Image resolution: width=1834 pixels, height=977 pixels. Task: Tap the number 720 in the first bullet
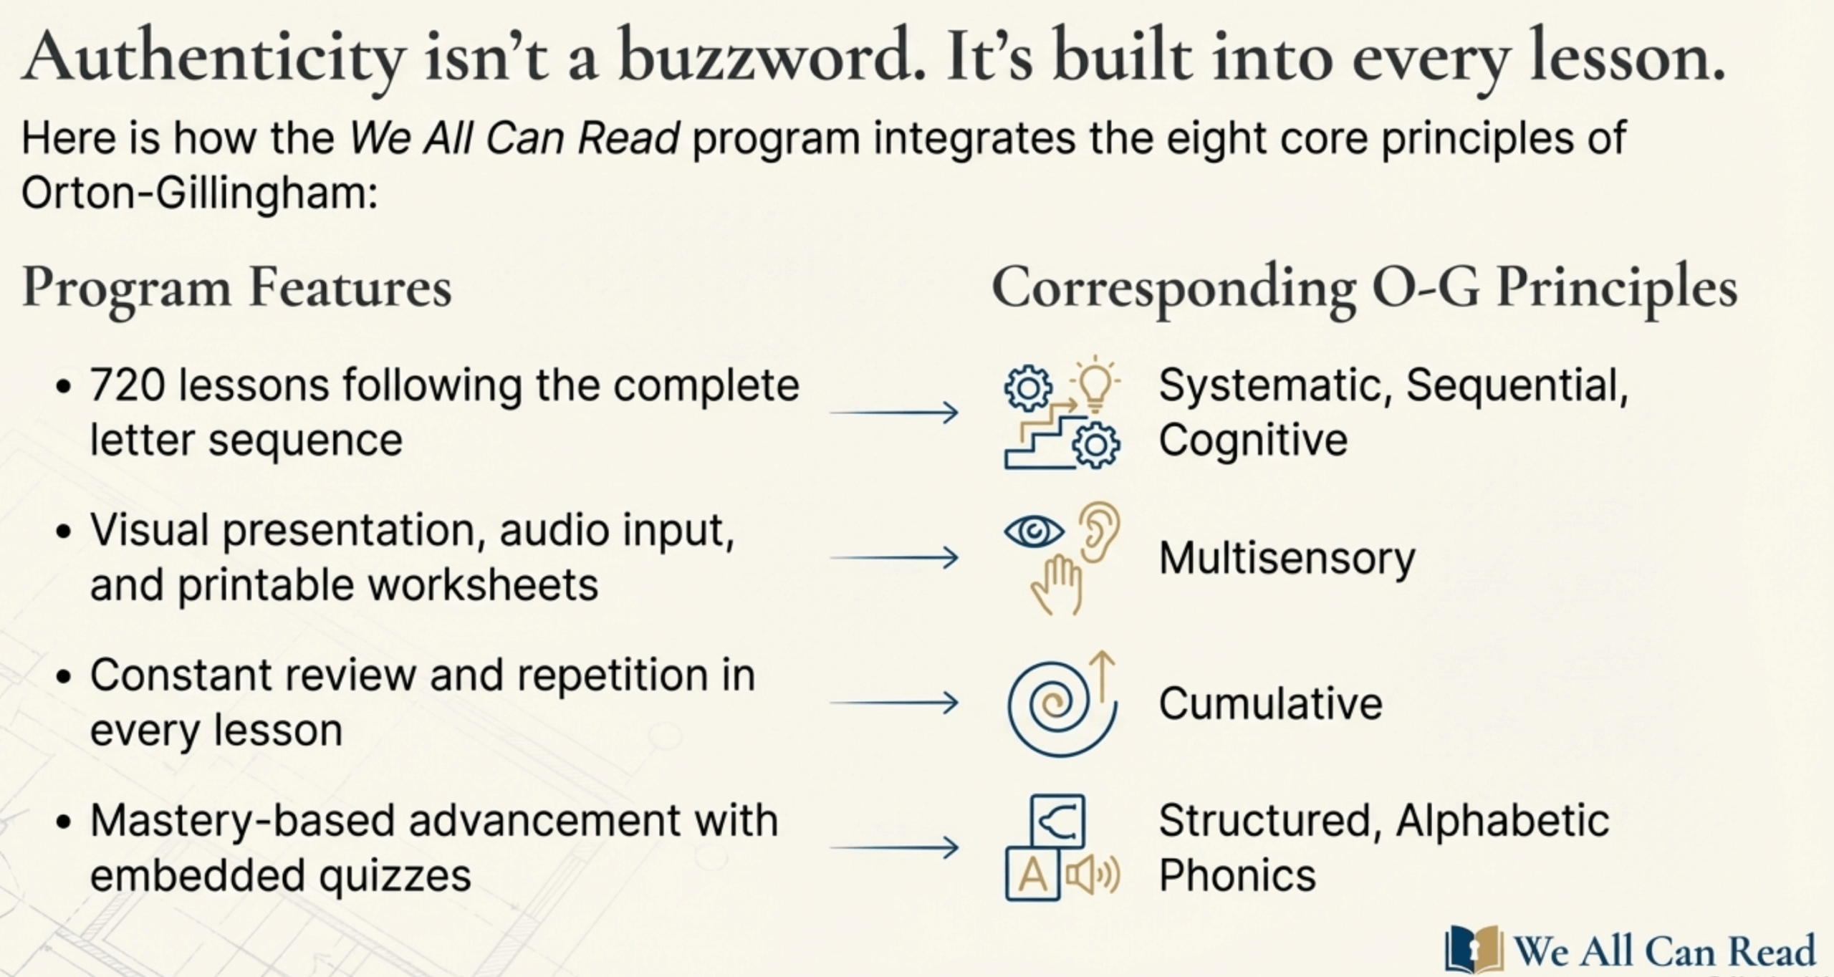click(125, 385)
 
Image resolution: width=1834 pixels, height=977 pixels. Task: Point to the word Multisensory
click(1287, 558)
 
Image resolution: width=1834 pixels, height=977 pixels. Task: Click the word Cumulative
click(1270, 703)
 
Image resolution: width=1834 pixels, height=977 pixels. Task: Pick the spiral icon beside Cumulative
click(1057, 706)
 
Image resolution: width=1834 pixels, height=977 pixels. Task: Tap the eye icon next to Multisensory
click(1033, 531)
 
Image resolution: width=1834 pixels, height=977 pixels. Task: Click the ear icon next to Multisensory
click(1098, 530)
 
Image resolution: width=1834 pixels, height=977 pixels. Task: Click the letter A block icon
click(1032, 875)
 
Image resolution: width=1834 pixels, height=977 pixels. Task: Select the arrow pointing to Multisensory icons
click(893, 557)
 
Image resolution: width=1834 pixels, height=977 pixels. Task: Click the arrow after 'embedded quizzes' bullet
click(893, 848)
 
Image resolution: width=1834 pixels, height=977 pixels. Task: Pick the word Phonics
click(1237, 875)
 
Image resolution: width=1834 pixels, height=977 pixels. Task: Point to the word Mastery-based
click(241, 821)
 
